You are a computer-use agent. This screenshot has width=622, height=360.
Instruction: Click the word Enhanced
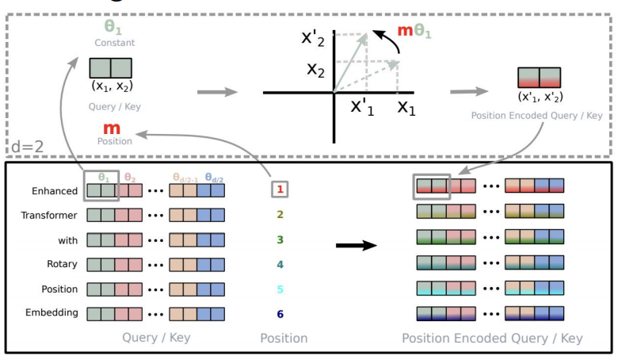[55, 190]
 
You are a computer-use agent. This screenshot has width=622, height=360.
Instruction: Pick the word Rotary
[62, 263]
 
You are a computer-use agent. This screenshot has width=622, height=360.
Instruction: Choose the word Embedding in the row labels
[52, 312]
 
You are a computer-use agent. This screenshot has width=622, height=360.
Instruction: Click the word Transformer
[49, 215]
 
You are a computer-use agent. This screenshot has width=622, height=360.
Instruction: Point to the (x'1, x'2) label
[539, 97]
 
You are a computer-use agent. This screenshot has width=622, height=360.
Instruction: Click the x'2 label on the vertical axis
[315, 37]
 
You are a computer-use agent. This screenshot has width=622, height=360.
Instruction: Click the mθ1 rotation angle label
[414, 32]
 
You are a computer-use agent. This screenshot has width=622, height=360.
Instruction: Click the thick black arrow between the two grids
[357, 245]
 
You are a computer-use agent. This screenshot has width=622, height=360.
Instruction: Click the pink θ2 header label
[130, 178]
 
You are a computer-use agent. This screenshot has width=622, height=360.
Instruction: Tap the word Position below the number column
[283, 338]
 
